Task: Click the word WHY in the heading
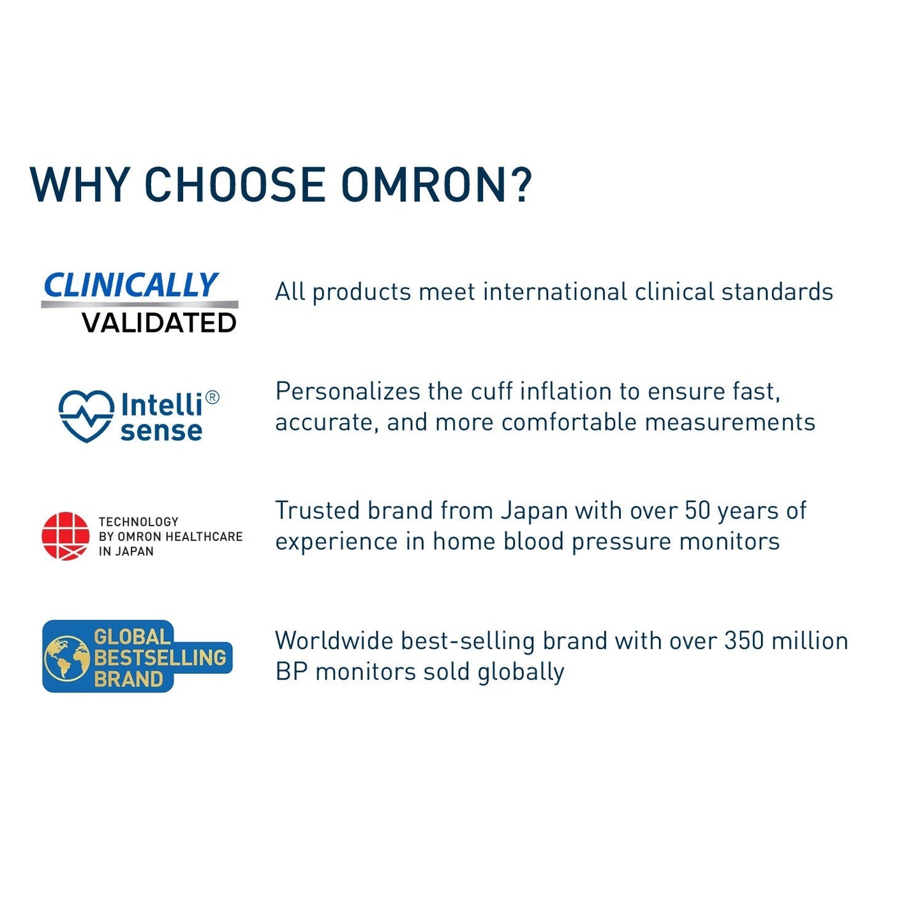pos(80,185)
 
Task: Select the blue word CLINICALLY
pos(131,285)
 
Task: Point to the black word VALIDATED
pos(160,323)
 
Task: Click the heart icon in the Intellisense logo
pos(86,415)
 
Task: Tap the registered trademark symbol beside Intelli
pos(213,398)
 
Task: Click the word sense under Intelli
pos(161,431)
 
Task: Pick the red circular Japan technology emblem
pos(66,536)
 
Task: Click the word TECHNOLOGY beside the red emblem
pos(138,522)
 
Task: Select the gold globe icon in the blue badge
pos(67,657)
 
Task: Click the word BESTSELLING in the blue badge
pos(160,658)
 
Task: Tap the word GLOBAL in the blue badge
pos(132,637)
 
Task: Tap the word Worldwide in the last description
pos(334,641)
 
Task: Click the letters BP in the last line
pos(291,671)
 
